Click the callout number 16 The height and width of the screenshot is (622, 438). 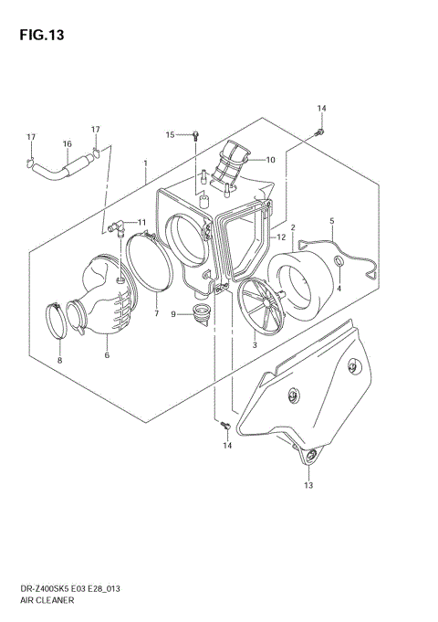tap(67, 143)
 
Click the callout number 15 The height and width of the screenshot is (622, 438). tap(170, 134)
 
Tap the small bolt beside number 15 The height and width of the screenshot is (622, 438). tap(194, 135)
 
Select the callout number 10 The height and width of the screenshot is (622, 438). tap(270, 160)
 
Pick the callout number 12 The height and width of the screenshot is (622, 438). tap(281, 237)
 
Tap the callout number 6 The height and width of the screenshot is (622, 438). tap(107, 354)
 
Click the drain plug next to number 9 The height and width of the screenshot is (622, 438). tap(199, 317)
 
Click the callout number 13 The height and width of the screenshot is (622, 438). tap(308, 485)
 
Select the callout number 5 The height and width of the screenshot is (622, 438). tap(331, 220)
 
